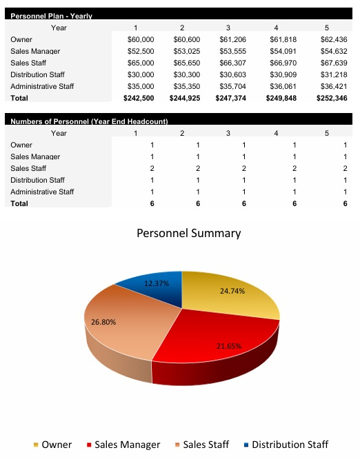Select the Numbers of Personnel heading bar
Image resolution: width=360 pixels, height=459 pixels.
pyautogui.click(x=90, y=121)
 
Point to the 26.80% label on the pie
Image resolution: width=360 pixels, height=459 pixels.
pyautogui.click(x=104, y=322)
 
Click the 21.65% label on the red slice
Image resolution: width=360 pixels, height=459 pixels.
pyautogui.click(x=229, y=345)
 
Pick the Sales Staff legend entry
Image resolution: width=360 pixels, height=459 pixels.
pyautogui.click(x=206, y=445)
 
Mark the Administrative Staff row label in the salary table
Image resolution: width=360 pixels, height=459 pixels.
pyautogui.click(x=42, y=87)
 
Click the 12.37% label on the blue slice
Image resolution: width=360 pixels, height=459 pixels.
pyautogui.click(x=157, y=283)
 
